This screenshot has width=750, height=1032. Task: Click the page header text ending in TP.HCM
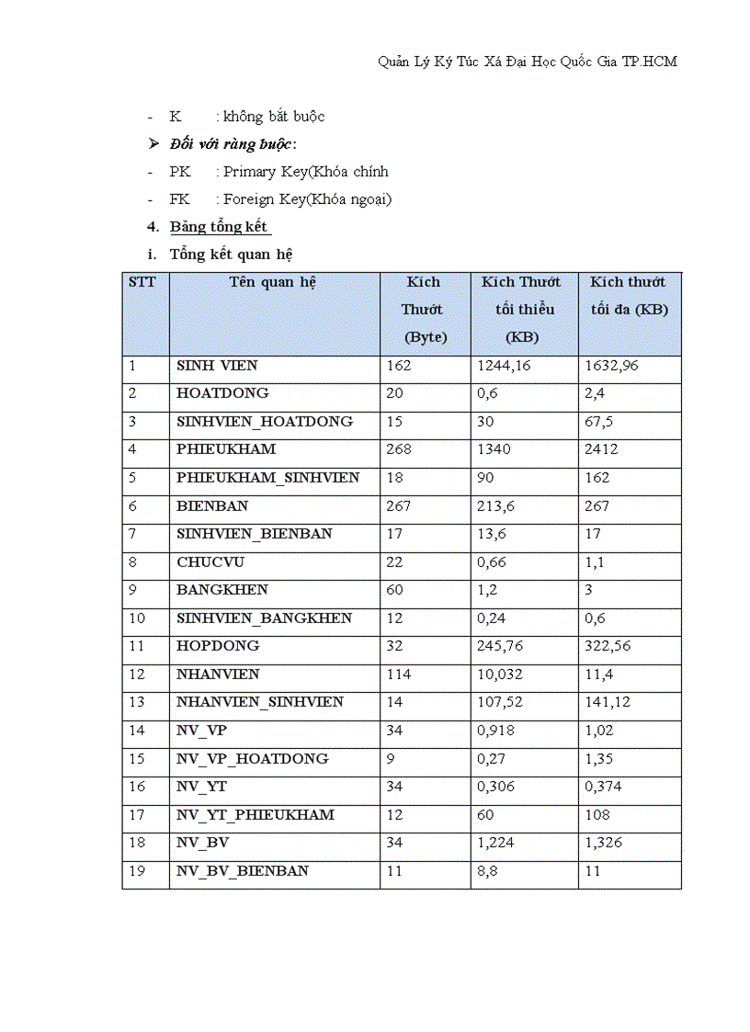coord(528,62)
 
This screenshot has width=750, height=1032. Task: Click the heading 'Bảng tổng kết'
coord(220,227)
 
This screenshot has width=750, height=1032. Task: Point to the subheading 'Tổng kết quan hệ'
coord(232,255)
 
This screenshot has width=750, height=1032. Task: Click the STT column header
coord(142,282)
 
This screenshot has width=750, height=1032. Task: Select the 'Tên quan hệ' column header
coord(273,282)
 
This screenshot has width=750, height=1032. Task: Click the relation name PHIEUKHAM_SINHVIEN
coord(267,478)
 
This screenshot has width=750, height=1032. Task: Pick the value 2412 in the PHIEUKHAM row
coord(601,449)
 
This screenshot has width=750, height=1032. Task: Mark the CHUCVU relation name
coord(210,562)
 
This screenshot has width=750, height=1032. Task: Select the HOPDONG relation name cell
coord(218,646)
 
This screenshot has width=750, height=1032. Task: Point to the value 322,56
coord(608,646)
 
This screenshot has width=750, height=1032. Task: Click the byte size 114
coord(398,675)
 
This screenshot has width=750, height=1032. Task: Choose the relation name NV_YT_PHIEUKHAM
coord(256,815)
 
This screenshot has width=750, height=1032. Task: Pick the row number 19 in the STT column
coord(137,871)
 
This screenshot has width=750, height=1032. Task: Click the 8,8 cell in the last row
coord(487,871)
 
